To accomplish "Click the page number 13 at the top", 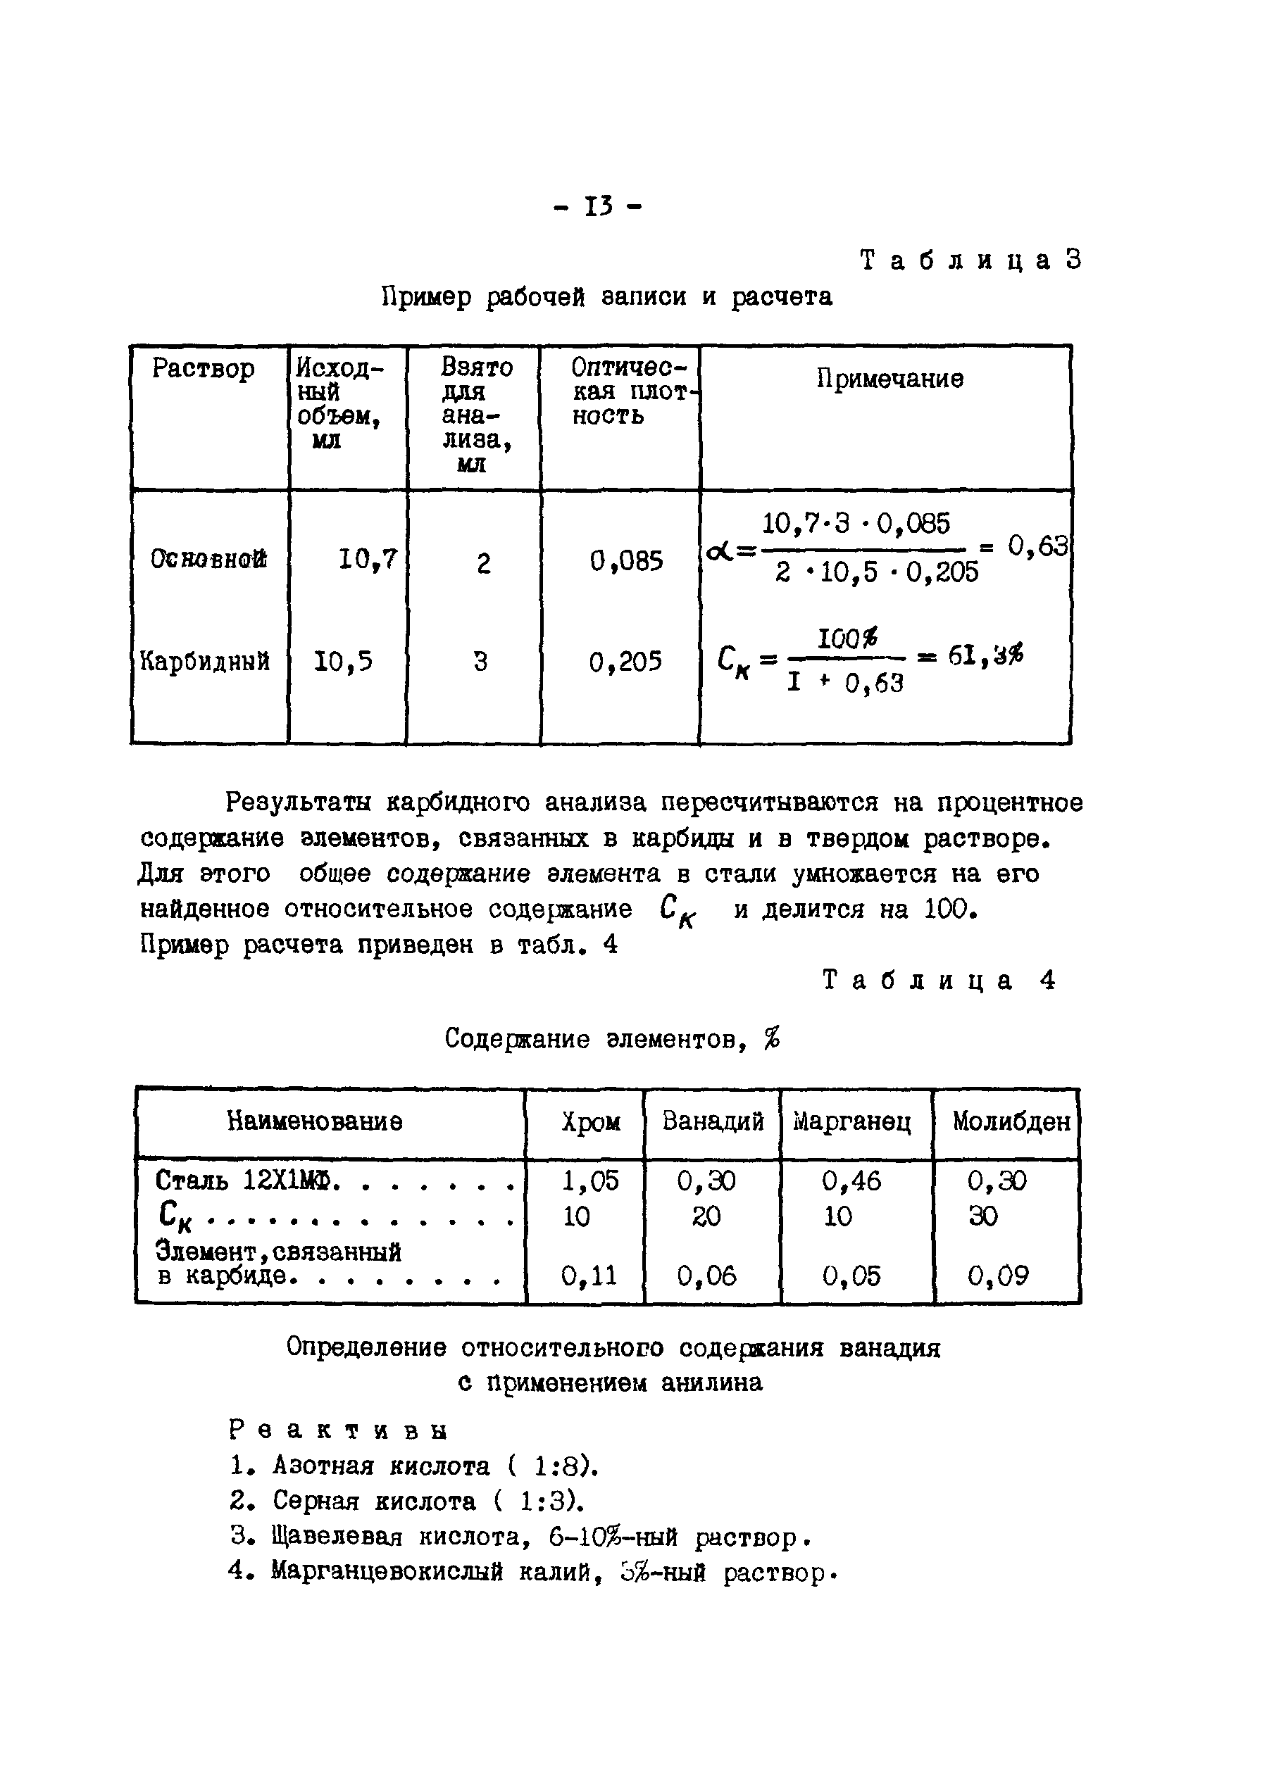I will click(598, 207).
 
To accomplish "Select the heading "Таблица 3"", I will click(970, 260).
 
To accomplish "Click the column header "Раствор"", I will click(203, 368).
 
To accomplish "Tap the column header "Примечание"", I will click(889, 379).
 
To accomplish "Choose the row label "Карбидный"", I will click(204, 662).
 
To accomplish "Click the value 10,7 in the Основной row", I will click(368, 559).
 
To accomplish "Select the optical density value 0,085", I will click(627, 561).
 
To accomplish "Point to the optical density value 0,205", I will click(625, 662).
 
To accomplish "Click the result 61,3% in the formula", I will click(985, 656).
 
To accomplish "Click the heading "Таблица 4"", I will click(939, 981).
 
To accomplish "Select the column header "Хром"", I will click(591, 1122).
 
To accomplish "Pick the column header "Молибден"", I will click(1011, 1121).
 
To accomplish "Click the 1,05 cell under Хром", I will click(590, 1181).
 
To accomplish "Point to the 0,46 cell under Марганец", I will click(851, 1181).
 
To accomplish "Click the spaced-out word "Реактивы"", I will click(339, 1430).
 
